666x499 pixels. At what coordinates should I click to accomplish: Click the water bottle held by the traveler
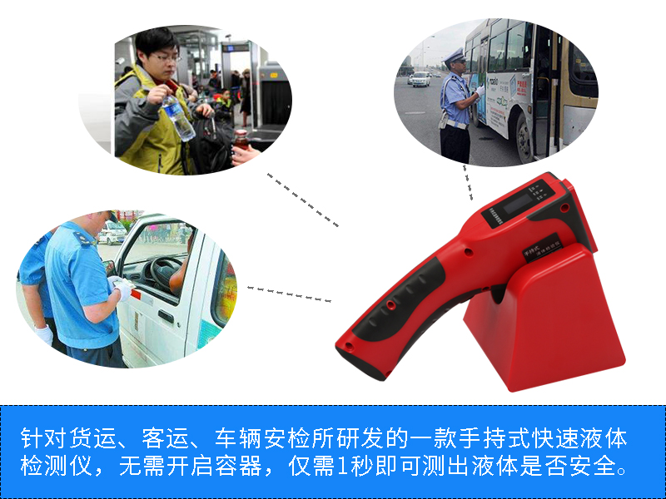(178, 117)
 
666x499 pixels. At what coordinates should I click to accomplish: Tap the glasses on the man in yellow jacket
(166, 57)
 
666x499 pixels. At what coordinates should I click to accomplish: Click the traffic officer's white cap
(455, 55)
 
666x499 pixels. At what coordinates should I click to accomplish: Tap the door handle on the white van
(166, 316)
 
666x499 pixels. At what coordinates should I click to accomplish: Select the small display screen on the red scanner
(519, 203)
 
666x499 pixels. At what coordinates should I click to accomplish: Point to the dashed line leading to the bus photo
(468, 182)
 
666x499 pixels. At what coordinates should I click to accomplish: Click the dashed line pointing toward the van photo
(289, 294)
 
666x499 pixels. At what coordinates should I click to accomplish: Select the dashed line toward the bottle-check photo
(303, 200)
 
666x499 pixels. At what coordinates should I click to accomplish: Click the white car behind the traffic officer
(421, 79)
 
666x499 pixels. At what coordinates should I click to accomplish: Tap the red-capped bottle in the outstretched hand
(241, 140)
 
